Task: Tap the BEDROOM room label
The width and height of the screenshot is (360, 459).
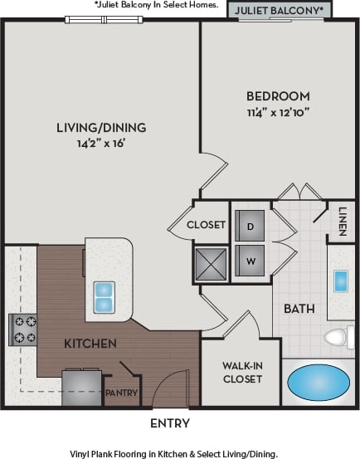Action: coord(278,95)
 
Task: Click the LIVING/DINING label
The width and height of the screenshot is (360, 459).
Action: coord(101,127)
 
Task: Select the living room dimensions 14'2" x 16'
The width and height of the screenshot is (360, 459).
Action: coord(101,143)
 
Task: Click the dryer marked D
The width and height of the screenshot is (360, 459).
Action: coord(250,224)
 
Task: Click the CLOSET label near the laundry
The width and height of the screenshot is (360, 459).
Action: coord(206,224)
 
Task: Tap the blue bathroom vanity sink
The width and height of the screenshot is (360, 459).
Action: coord(341,281)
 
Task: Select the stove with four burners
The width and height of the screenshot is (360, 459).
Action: coord(22,329)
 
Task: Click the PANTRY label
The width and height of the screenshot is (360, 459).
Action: coord(121,393)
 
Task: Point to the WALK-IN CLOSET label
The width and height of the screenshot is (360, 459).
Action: coord(242,372)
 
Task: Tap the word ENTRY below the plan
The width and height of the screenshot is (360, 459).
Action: coord(170,423)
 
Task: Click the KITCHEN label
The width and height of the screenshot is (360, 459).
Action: coord(90,343)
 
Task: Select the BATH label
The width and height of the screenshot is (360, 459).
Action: coord(299,309)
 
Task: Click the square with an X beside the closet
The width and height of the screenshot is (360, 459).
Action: coord(211,264)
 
